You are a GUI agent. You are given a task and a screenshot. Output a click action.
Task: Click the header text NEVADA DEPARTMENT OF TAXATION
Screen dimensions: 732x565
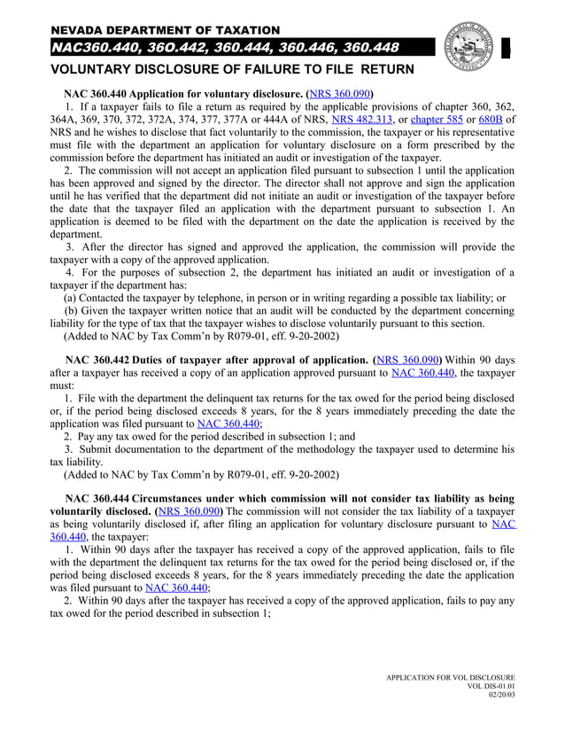165,31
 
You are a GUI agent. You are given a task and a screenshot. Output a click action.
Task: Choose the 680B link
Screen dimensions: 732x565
491,119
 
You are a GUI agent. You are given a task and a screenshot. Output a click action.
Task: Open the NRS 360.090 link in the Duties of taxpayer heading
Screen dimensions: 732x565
407,361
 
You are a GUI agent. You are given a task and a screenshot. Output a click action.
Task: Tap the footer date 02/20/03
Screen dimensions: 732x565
501,696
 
